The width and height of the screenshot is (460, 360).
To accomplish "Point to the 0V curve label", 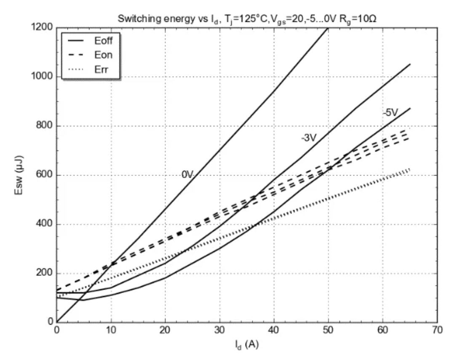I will (x=187, y=174).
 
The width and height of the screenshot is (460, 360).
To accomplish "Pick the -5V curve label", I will (x=390, y=113).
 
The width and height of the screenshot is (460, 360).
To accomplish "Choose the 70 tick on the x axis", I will (x=437, y=331).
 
